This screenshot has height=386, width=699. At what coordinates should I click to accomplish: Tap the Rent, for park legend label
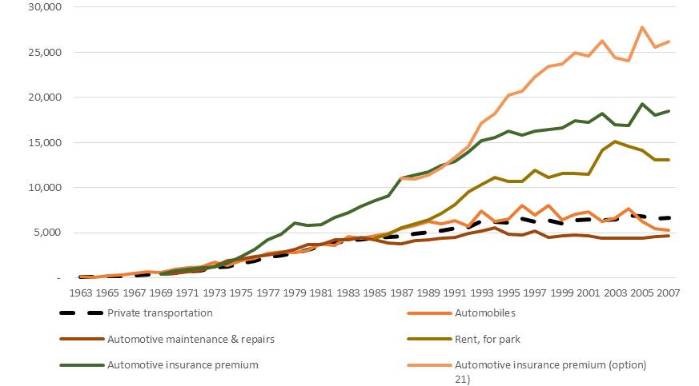pyautogui.click(x=488, y=339)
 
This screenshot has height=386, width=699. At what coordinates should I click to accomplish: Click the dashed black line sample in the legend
pyautogui.click(x=83, y=313)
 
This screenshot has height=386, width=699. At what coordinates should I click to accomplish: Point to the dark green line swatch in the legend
pyautogui.click(x=83, y=365)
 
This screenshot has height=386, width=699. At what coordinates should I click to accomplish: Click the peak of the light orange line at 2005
pyautogui.click(x=643, y=27)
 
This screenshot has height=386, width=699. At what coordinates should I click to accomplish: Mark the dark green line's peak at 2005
pyautogui.click(x=643, y=104)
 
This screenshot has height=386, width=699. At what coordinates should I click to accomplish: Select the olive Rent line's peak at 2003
pyautogui.click(x=614, y=141)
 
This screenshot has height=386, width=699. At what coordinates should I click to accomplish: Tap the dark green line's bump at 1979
pyautogui.click(x=295, y=223)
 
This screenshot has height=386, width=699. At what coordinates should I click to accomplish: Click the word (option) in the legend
pyautogui.click(x=626, y=365)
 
